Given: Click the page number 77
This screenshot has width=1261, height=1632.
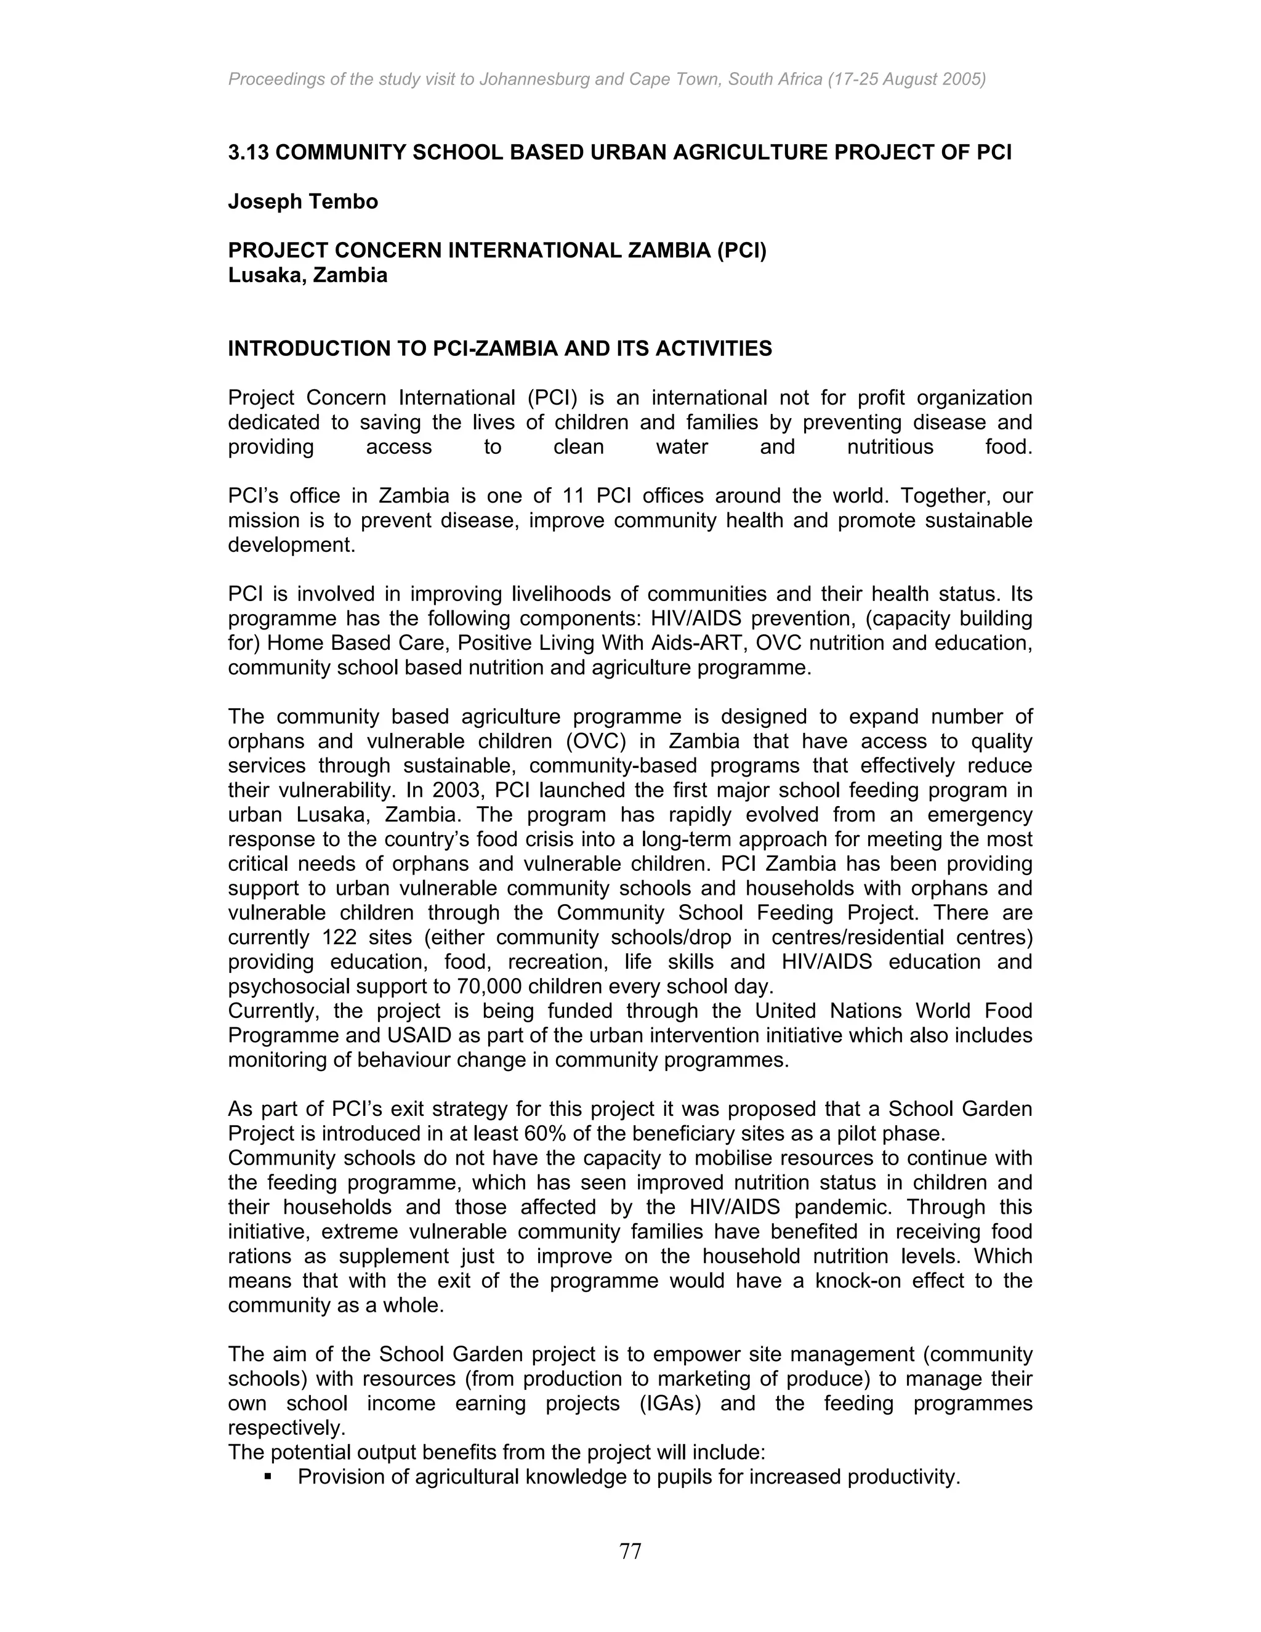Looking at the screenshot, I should [630, 1551].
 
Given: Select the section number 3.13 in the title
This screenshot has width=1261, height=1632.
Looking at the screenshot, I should [249, 153].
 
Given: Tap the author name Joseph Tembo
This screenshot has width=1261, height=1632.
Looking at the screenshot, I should [302, 202].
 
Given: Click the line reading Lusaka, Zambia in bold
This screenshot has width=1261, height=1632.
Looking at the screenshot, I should [307, 275].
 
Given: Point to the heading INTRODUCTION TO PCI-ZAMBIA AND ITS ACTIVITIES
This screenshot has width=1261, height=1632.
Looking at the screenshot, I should [500, 349].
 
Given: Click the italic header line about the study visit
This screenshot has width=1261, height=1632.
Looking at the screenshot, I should [606, 78].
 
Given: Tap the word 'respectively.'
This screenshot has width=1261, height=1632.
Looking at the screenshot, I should [287, 1428].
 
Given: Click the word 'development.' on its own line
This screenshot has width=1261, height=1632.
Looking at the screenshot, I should [291, 545].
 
